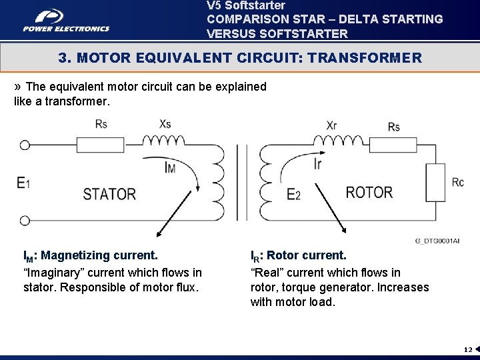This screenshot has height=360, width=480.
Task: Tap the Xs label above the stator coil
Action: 165,125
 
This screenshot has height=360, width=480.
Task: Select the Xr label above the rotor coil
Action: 332,125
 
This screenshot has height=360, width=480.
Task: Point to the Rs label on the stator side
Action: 101,124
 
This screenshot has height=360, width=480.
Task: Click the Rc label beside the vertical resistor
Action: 457,182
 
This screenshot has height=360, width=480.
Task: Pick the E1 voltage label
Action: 24,183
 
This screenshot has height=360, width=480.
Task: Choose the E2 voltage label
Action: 293,194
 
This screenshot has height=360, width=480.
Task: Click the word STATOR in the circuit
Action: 109,194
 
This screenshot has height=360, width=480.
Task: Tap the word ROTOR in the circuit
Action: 369,193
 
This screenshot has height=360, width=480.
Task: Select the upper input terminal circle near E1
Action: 25,145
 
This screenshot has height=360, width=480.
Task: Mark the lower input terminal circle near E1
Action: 25,220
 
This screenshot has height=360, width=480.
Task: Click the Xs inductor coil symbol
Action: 164,141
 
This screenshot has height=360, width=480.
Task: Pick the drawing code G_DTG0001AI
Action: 437,240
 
